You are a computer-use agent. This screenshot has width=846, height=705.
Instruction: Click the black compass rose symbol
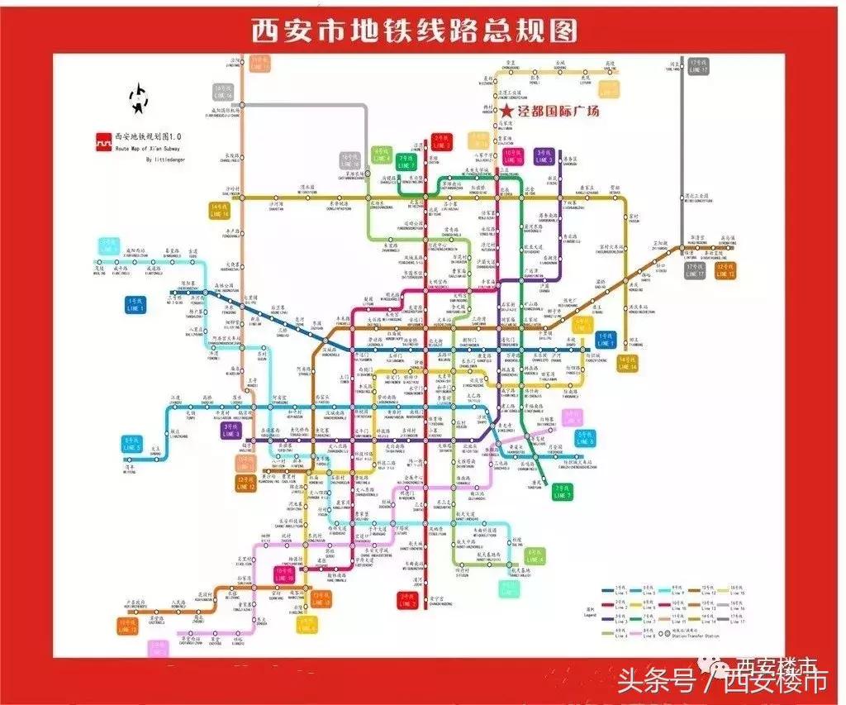click(x=138, y=98)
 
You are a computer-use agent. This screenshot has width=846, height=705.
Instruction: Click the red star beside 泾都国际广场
click(x=506, y=110)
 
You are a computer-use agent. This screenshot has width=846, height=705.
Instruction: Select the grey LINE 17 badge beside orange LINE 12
click(x=695, y=270)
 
